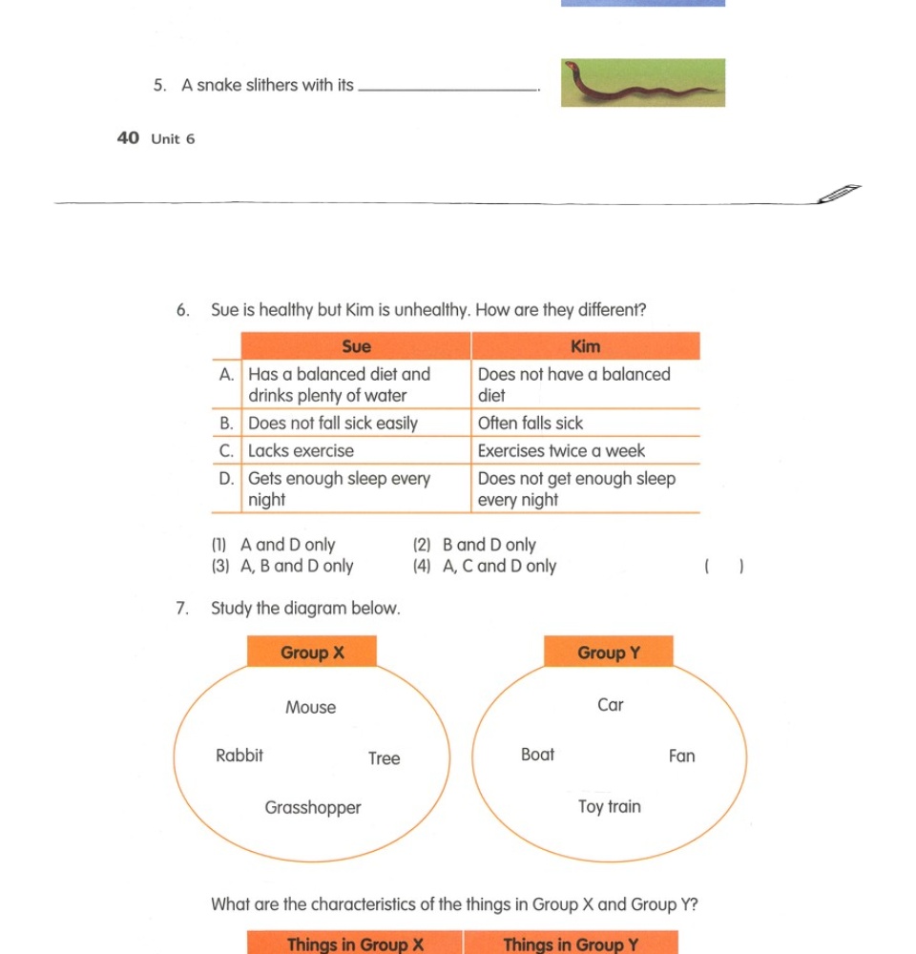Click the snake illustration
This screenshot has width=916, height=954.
click(x=642, y=83)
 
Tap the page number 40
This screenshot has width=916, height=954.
click(x=128, y=138)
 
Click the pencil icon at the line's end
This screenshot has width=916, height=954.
click(x=839, y=195)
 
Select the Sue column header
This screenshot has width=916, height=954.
click(x=356, y=346)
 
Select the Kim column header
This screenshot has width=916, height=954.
click(x=585, y=346)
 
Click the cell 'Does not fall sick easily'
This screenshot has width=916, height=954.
click(x=333, y=424)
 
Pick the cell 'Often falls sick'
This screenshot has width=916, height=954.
click(x=530, y=424)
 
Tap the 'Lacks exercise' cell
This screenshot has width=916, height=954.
click(x=301, y=451)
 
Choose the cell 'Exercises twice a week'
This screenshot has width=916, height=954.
click(x=561, y=451)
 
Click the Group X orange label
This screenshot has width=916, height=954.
click(x=312, y=653)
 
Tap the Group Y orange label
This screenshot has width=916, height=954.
click(x=609, y=653)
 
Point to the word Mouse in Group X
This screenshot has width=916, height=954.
click(x=311, y=708)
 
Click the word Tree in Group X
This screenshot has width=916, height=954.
click(x=385, y=759)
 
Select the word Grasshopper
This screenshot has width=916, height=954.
click(x=313, y=808)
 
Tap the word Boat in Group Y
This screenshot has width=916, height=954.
click(x=537, y=755)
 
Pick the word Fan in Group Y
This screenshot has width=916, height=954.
click(x=682, y=757)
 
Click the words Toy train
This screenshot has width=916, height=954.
click(x=610, y=807)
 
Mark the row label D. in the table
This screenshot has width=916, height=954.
click(x=227, y=479)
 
